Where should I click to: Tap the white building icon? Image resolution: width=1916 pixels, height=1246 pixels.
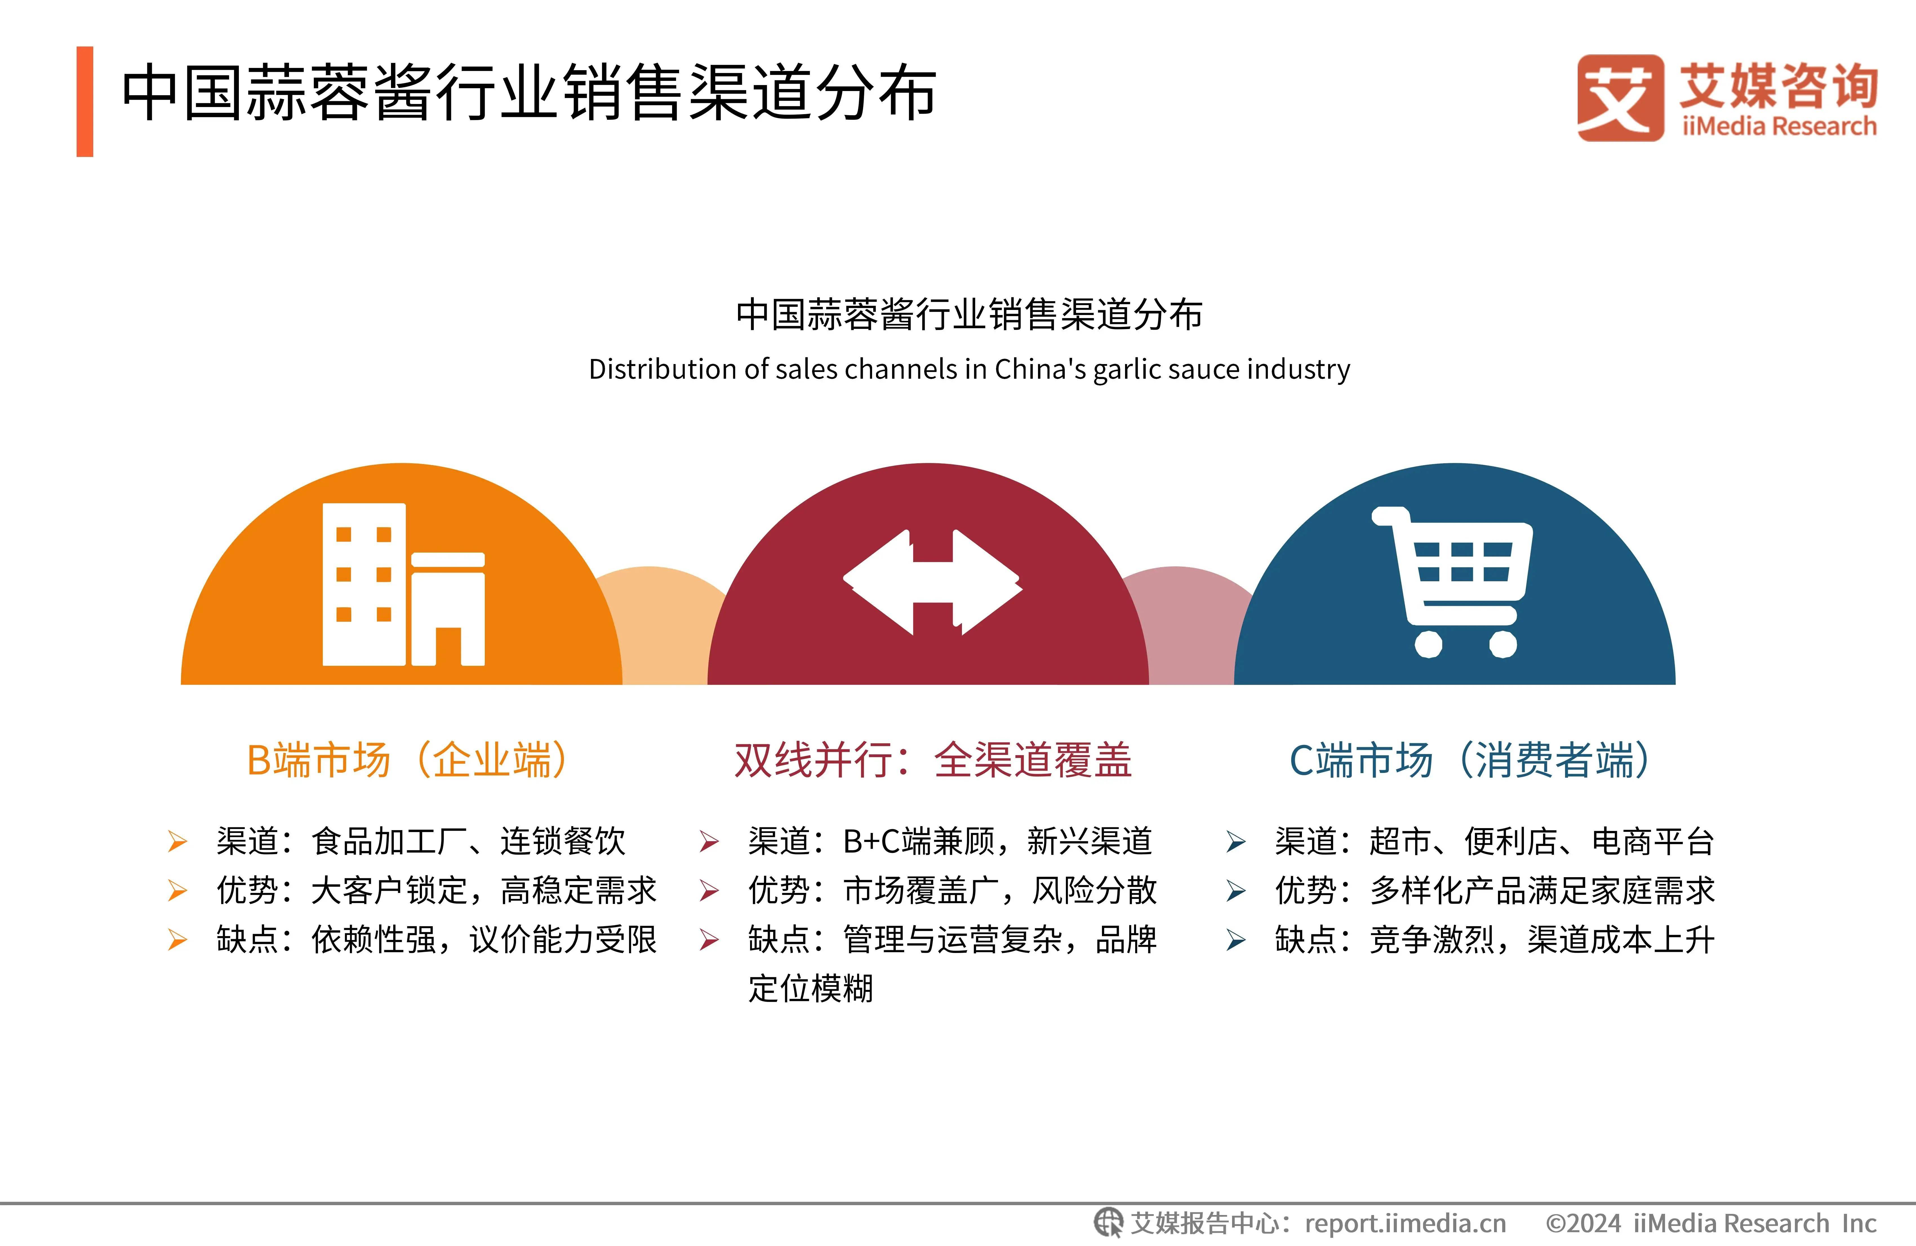[x=403, y=585]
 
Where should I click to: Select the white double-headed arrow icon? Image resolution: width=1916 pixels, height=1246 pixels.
[x=932, y=582]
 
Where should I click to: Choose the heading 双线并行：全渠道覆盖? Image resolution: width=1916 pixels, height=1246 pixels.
[x=932, y=760]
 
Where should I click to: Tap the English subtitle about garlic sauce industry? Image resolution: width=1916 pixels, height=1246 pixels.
[x=969, y=369]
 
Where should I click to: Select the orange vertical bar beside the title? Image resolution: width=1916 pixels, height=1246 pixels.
[x=85, y=101]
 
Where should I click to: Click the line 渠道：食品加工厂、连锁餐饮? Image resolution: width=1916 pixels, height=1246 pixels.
[x=420, y=842]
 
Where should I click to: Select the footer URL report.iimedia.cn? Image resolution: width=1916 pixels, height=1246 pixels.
[x=1405, y=1223]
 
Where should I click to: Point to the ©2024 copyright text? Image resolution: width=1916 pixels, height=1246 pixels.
[x=1710, y=1223]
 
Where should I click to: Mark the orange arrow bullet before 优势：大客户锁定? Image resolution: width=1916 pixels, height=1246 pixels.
[x=177, y=891]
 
